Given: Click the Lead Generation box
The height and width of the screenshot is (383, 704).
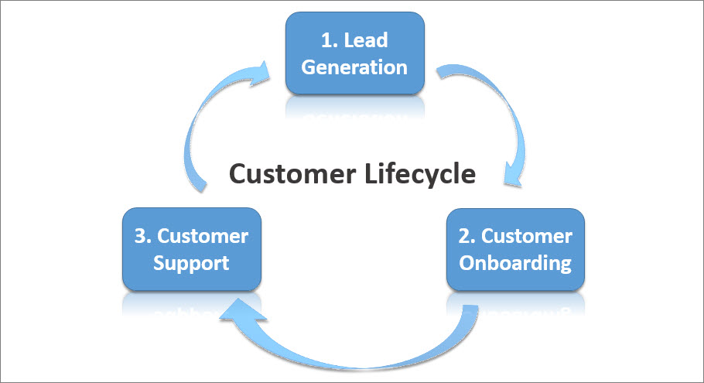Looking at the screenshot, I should [x=354, y=53].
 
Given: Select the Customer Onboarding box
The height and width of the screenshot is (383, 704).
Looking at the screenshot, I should [x=515, y=249].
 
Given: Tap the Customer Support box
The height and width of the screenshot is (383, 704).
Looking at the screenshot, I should [x=191, y=249].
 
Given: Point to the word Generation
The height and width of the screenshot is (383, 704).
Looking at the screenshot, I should [x=354, y=67].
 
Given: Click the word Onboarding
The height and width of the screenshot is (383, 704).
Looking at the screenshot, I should [x=515, y=263].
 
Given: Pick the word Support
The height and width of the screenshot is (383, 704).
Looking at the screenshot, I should [x=191, y=263].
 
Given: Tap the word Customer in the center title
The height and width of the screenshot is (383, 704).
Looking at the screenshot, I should [x=292, y=174].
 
